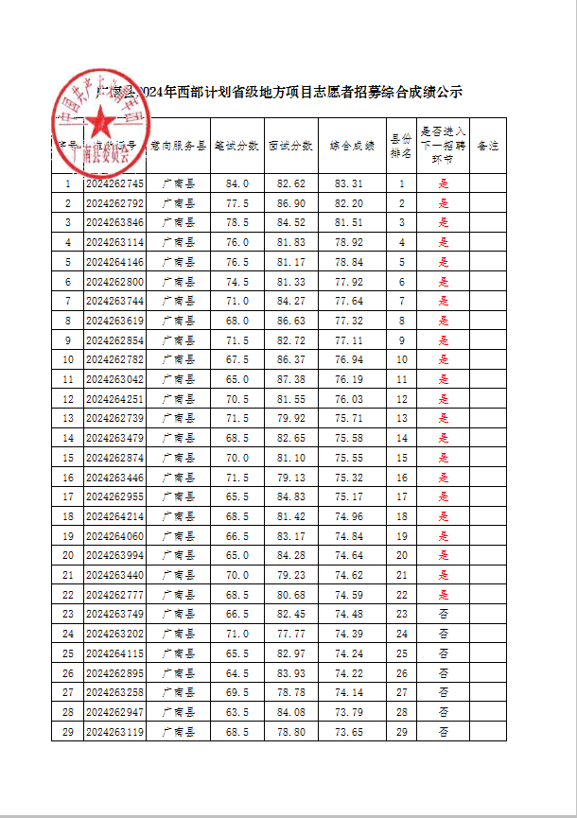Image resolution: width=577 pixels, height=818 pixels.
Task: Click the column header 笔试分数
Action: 236,147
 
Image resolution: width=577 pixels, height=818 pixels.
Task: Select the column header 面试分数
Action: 291,147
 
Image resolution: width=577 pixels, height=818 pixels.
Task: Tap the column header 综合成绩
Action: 352,147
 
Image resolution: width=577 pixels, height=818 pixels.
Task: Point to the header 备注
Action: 488,147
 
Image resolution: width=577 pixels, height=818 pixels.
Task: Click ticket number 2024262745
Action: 114,183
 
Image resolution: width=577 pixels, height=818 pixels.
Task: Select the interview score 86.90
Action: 291,203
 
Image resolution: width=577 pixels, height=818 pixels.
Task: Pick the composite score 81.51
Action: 349,223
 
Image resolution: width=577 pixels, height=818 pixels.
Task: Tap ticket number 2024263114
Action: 114,242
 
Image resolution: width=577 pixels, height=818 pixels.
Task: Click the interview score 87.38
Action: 291,379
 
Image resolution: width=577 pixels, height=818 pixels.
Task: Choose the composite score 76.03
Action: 349,399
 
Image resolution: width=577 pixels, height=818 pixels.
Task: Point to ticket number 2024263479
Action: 114,438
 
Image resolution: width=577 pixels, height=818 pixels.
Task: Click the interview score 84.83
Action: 291,496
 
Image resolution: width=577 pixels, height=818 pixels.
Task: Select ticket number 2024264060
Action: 114,536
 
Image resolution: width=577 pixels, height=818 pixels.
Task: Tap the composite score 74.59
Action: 349,595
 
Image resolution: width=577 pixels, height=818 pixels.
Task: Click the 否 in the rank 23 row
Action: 443,615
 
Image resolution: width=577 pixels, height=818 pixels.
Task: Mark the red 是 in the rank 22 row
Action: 443,595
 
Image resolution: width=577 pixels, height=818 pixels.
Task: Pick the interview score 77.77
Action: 291,634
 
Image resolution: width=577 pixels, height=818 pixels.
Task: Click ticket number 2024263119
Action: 114,732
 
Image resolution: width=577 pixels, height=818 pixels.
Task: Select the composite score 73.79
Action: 349,712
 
